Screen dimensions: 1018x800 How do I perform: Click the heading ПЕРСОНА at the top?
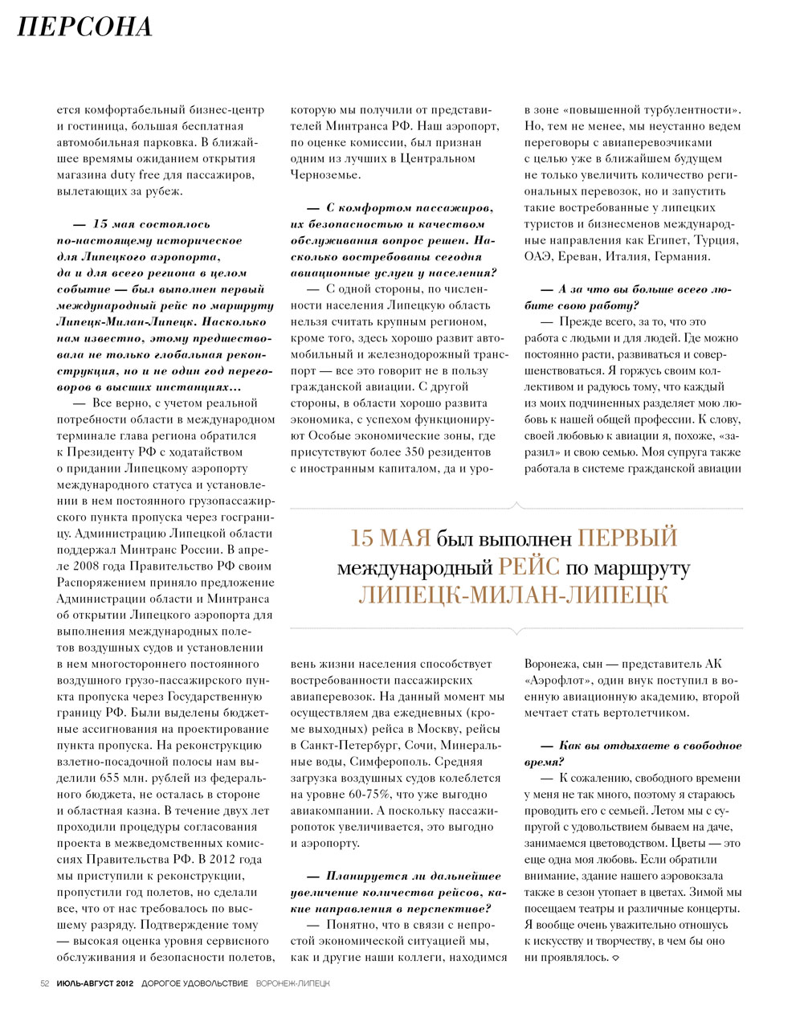tap(84, 27)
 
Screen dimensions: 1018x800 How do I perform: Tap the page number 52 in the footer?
tap(45, 983)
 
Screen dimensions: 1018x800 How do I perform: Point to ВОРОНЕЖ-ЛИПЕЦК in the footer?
tap(292, 983)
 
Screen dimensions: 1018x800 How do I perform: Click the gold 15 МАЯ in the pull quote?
tap(390, 538)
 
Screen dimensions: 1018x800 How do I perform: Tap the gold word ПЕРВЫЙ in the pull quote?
tap(627, 538)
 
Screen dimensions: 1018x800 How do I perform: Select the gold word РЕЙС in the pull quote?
tap(529, 567)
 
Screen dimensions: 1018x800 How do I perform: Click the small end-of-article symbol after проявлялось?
tap(616, 959)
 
